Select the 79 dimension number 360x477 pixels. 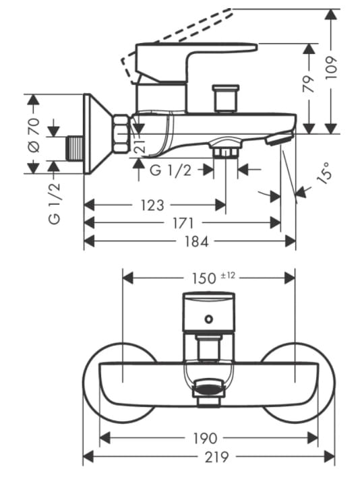[x=309, y=84]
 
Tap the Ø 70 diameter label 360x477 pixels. [x=34, y=135]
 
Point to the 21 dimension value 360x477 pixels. [x=140, y=148]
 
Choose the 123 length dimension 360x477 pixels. [x=152, y=205]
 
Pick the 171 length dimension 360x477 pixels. [x=183, y=224]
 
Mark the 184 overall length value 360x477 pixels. [x=197, y=242]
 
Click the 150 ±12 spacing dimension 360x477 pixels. [x=213, y=278]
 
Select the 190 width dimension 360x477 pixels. [x=206, y=439]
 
